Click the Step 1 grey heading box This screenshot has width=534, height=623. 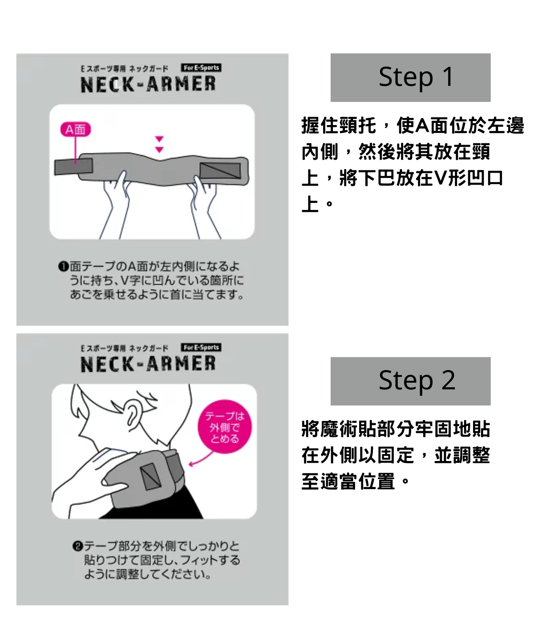coord(410,77)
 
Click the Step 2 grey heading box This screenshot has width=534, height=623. coord(410,381)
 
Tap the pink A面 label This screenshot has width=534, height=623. coord(75,129)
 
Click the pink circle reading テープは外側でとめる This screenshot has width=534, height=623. coord(225,427)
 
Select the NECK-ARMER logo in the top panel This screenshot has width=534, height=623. coord(148,84)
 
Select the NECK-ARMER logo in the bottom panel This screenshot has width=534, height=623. coord(148,364)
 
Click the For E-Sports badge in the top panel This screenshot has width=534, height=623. coord(201,68)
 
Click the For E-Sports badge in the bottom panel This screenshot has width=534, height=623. coord(201,347)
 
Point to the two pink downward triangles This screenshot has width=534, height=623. coord(159,145)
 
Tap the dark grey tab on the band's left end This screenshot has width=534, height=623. coord(73,166)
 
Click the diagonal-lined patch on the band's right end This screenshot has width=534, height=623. coord(220,170)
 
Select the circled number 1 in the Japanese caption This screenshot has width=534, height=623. coord(63,267)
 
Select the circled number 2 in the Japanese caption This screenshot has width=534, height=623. coord(77,546)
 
